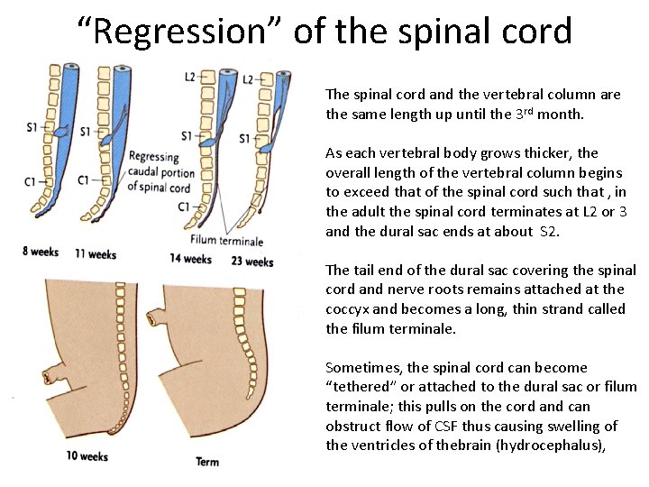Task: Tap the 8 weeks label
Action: pyautogui.click(x=41, y=252)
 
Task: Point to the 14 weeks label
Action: pyautogui.click(x=191, y=259)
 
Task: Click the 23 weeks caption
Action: pyautogui.click(x=252, y=262)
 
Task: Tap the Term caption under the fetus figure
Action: pyautogui.click(x=207, y=463)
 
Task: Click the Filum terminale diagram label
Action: pyautogui.click(x=227, y=241)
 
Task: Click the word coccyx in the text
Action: pyautogui.click(x=348, y=308)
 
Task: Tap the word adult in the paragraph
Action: pyautogui.click(x=366, y=211)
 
